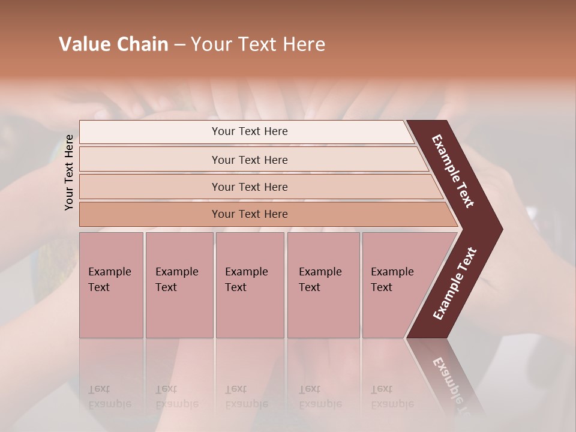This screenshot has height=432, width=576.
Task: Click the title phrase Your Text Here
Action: [x=258, y=44]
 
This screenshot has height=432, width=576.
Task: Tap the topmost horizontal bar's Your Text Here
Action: [x=250, y=131]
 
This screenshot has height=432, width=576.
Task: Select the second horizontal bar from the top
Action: [x=250, y=160]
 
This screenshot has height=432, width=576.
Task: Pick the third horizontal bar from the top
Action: [x=250, y=187]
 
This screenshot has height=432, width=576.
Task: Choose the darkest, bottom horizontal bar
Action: [x=250, y=214]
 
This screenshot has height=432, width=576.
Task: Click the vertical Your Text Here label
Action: [x=69, y=172]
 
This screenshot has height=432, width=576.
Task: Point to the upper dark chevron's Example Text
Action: [x=453, y=171]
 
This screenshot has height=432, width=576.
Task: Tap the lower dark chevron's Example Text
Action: [x=455, y=283]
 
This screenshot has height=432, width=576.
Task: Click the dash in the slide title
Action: [x=179, y=44]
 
